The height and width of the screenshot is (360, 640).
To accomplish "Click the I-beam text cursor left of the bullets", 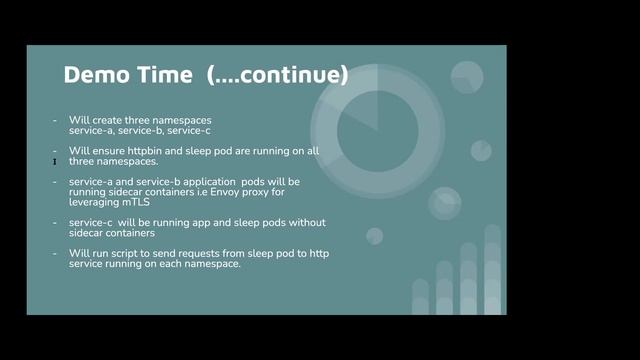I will click(54, 161).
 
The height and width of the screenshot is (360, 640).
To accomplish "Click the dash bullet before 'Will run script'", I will click(55, 253).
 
